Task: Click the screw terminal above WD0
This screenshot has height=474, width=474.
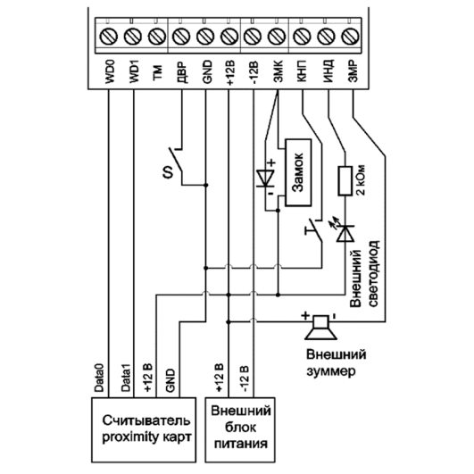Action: pos(108,37)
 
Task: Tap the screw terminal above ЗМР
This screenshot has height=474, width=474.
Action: pos(350,37)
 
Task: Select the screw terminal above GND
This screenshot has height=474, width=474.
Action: pos(205,37)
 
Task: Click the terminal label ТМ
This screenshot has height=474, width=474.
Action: pos(157,73)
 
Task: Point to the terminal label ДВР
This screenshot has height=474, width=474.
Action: pos(182,72)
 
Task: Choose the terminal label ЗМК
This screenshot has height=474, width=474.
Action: pos(278,71)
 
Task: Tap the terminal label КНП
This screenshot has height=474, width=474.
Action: pos(302,71)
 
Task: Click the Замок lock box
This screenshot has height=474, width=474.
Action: pos(298,172)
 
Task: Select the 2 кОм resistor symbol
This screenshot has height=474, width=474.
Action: pos(345,180)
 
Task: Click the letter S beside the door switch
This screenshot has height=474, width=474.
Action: pos(168,172)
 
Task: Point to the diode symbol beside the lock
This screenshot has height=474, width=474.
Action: pos(265,179)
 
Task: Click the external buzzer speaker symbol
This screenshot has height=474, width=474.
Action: pos(320,328)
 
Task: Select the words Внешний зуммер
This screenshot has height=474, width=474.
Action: pos(337,362)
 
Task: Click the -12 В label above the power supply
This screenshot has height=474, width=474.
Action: pos(245,379)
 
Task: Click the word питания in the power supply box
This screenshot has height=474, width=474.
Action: pos(241,444)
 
